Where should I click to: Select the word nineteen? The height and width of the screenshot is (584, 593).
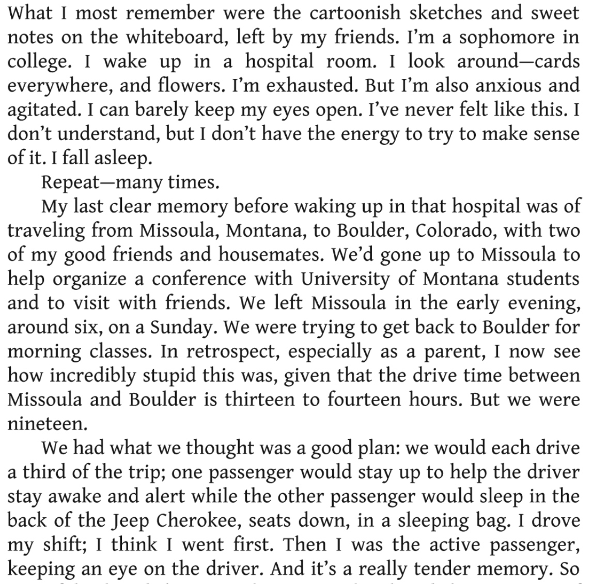tap(46, 424)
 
